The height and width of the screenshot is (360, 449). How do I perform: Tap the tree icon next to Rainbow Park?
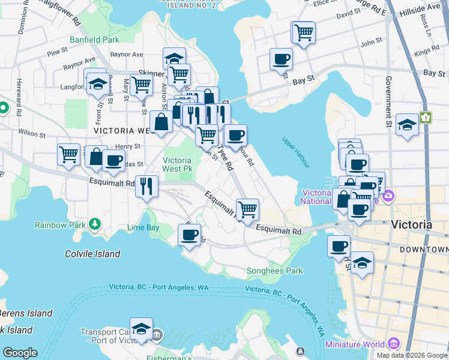pos(94,224)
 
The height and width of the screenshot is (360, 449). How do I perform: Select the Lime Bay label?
pos(143,228)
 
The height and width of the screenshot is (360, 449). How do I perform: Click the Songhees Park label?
pos(275,271)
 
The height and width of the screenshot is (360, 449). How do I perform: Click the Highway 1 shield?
pos(426,118)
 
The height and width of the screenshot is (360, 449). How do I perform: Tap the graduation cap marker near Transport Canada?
pos(141,329)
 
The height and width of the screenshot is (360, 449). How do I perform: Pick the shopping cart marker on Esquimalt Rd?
pos(247,209)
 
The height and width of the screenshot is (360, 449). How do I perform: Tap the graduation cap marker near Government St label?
pos(407,124)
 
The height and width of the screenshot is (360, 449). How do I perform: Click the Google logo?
pos(19,353)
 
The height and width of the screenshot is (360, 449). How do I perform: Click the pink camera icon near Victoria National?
pos(389,196)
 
